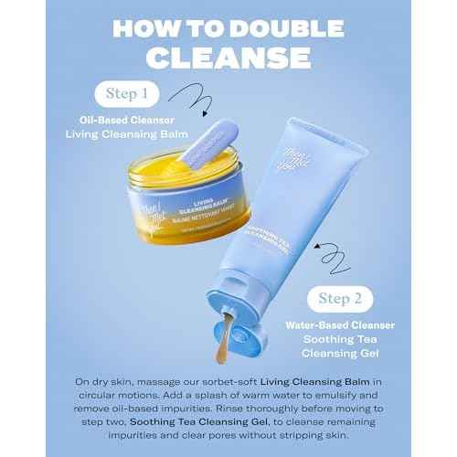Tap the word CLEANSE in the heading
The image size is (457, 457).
click(x=228, y=58)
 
